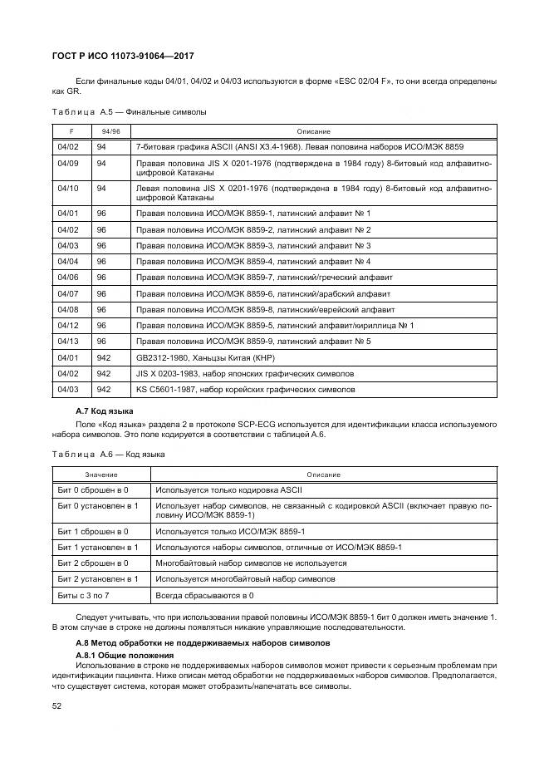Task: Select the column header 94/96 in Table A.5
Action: point(110,131)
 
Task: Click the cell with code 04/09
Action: point(68,164)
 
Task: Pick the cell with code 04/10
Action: point(68,189)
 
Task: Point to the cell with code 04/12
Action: point(68,325)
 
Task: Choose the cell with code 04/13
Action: point(68,341)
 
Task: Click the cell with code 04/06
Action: point(68,277)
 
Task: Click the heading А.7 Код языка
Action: point(105,412)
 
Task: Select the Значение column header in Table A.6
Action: point(100,475)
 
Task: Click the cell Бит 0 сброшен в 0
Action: point(93,490)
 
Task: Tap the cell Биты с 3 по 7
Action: point(84,595)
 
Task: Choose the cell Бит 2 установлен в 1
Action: point(97,578)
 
